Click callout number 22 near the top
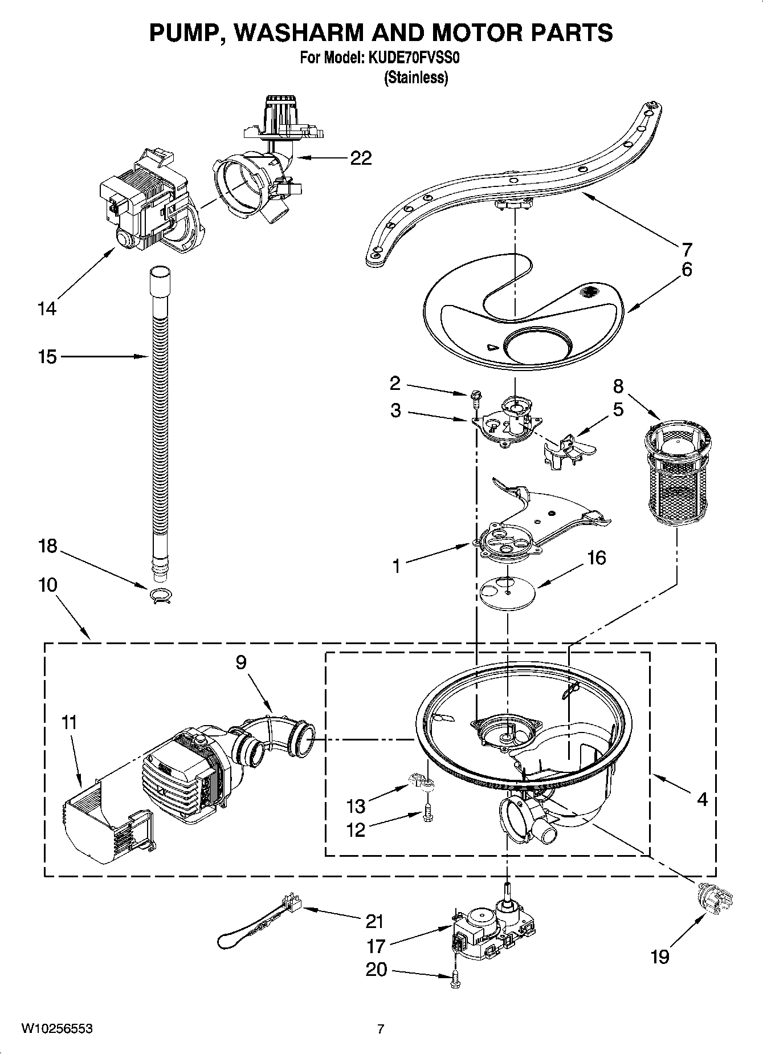(x=361, y=158)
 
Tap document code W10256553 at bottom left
(x=57, y=1028)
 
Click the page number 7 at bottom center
(x=381, y=1028)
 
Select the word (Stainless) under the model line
(x=416, y=78)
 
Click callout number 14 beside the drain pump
(x=47, y=308)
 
